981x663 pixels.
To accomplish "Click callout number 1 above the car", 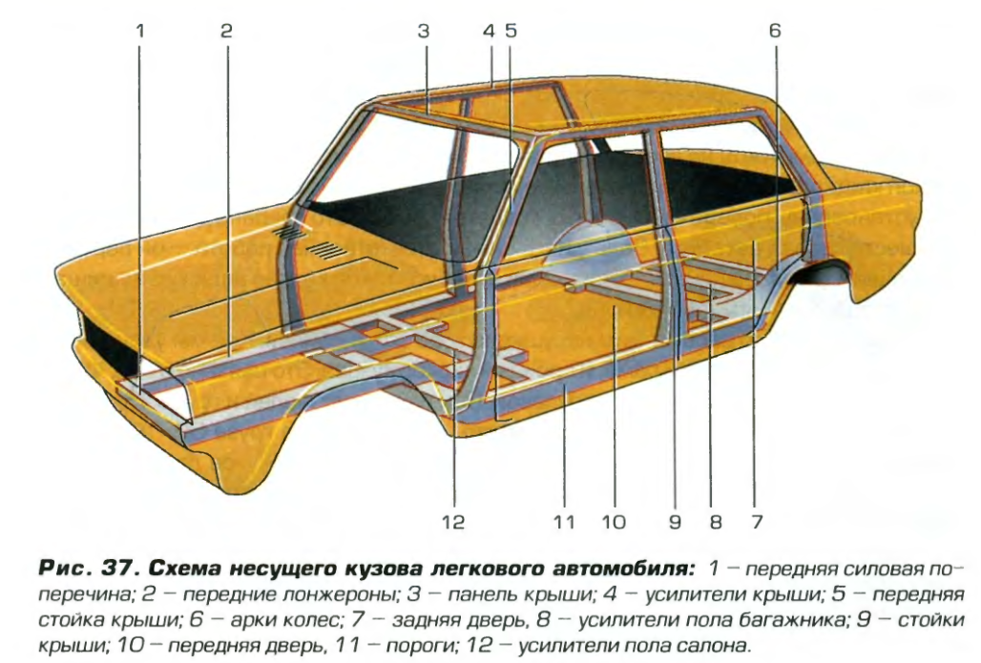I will (139, 31).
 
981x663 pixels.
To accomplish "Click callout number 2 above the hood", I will (226, 31).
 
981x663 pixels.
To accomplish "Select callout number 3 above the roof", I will (424, 31).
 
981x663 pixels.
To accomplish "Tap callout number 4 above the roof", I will (489, 31).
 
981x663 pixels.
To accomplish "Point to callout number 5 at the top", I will (511, 31).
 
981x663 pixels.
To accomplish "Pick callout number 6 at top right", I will (775, 31).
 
